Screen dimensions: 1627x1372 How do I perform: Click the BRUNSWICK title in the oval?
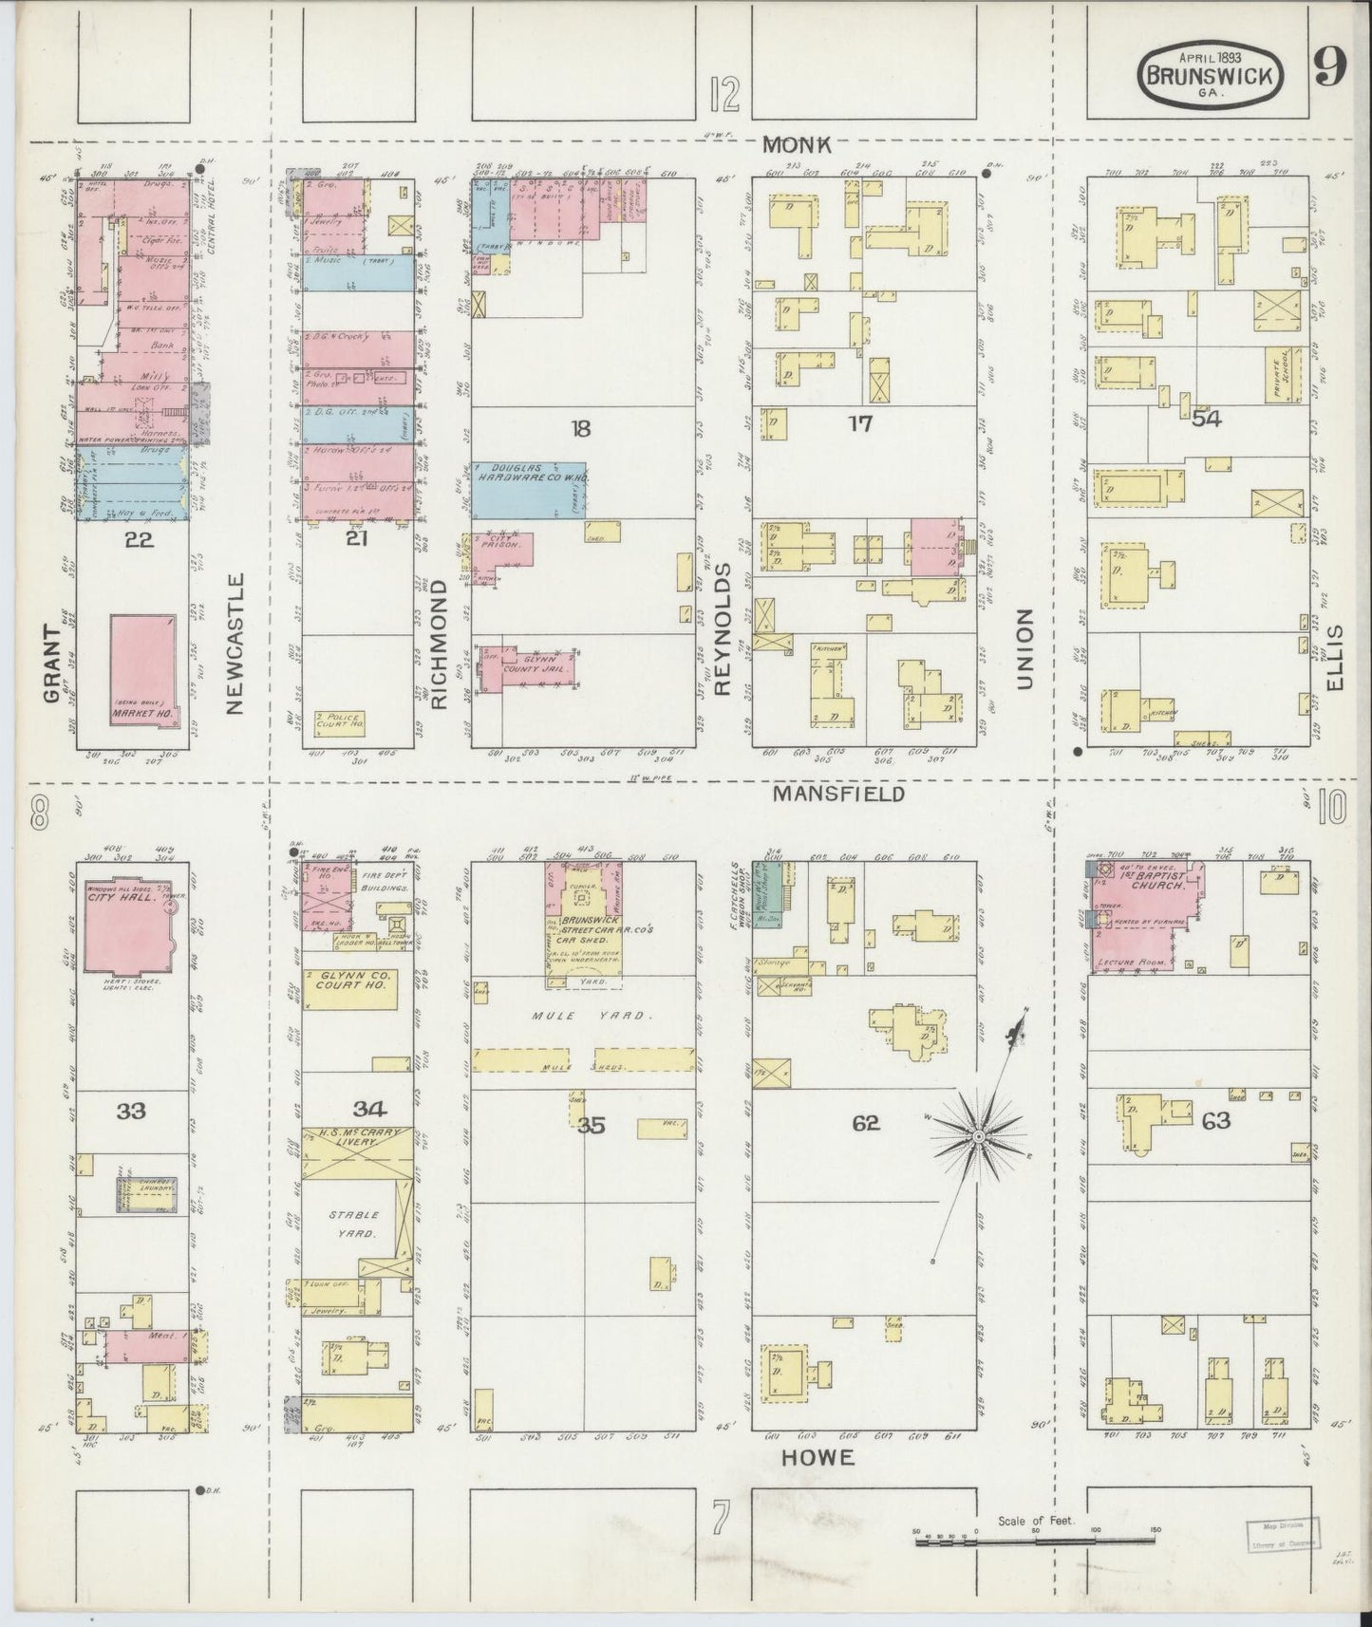(x=1209, y=76)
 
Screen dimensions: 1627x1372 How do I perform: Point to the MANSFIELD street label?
(x=836, y=794)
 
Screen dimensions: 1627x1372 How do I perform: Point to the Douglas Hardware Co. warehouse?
(x=528, y=491)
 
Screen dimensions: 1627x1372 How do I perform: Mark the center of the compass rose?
(x=978, y=1135)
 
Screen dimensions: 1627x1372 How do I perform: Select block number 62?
(x=865, y=1123)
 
